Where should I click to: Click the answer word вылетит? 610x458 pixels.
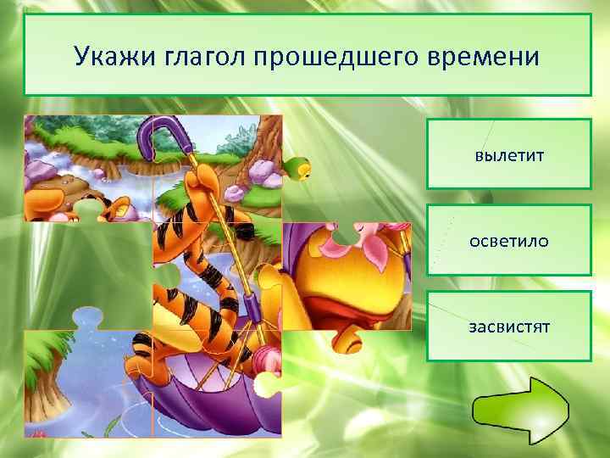point(508,156)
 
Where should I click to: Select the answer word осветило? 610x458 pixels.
point(508,242)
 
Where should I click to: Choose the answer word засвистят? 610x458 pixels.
point(508,327)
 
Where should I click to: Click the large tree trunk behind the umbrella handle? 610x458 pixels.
point(254,136)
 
